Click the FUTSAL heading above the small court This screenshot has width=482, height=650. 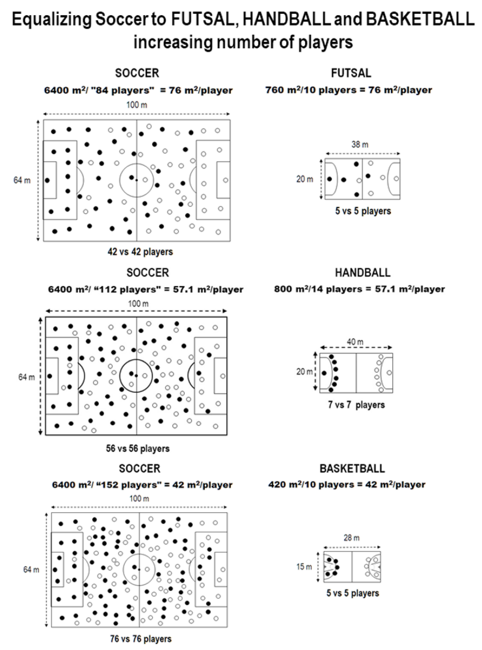click(x=351, y=73)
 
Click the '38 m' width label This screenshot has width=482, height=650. click(x=360, y=144)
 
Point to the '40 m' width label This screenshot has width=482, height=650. click(x=355, y=341)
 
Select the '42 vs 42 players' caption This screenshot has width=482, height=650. click(x=140, y=252)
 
